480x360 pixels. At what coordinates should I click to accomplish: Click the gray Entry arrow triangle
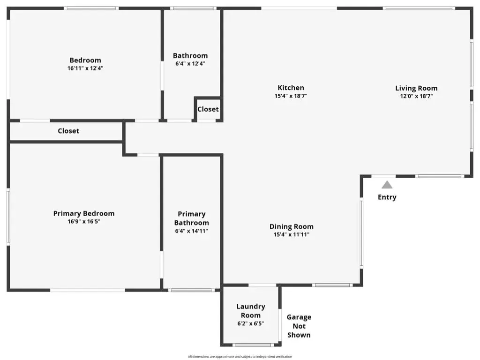click(387, 185)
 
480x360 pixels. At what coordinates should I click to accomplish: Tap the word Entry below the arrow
click(387, 197)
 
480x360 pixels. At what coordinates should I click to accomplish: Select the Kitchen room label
click(291, 88)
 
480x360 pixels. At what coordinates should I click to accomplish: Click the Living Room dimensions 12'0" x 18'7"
click(416, 96)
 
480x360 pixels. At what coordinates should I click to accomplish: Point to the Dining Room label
click(292, 226)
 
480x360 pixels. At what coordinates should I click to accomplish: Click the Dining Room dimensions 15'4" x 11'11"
click(292, 234)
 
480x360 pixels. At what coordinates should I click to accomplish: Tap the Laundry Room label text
click(251, 311)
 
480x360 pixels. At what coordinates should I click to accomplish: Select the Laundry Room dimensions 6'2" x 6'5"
click(251, 323)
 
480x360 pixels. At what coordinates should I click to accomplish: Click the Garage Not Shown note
click(299, 326)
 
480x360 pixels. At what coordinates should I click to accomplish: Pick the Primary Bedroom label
click(84, 213)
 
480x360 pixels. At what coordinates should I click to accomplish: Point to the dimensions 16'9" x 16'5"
click(84, 221)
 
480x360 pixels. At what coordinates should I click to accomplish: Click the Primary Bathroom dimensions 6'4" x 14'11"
click(191, 231)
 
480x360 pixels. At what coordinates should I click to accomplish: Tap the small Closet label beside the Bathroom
click(208, 109)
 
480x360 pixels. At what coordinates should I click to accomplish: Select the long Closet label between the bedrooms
click(68, 131)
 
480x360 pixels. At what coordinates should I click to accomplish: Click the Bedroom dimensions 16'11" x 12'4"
click(85, 68)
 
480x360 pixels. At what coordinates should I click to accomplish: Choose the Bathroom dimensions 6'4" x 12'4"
click(190, 64)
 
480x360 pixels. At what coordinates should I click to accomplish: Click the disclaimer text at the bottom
click(240, 357)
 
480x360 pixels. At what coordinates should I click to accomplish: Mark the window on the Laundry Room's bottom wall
click(253, 345)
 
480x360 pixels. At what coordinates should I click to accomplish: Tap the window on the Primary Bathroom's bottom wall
click(191, 290)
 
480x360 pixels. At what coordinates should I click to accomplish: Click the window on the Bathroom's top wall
click(193, 8)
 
